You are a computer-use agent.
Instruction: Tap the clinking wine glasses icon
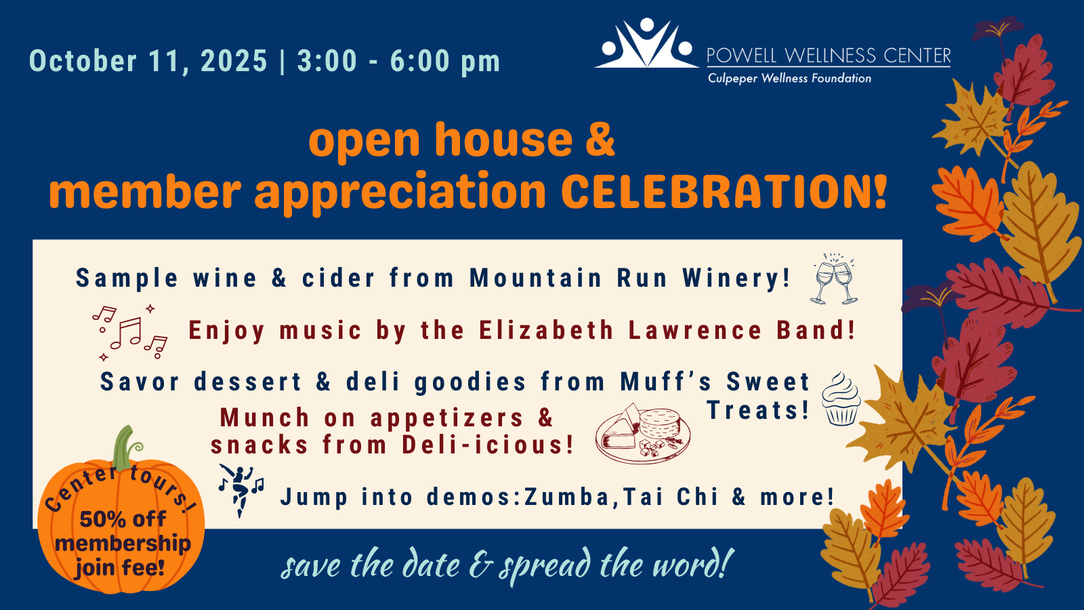coord(834,279)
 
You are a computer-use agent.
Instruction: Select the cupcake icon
coord(841,399)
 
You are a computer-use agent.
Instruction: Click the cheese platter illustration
coord(643,432)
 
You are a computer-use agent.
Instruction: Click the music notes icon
coord(129,333)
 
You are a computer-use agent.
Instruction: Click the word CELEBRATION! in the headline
coord(724,190)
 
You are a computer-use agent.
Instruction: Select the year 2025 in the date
coord(234,61)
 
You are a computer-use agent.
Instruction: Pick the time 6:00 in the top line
coord(419,61)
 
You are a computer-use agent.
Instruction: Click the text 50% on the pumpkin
coord(101,519)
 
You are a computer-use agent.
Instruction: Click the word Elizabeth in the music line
coord(547,330)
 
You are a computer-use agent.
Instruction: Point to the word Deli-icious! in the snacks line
coord(488,445)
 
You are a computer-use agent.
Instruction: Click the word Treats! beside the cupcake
coord(758,410)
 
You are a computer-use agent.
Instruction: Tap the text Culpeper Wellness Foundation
coord(789,79)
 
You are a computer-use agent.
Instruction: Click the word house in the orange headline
coord(503,140)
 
